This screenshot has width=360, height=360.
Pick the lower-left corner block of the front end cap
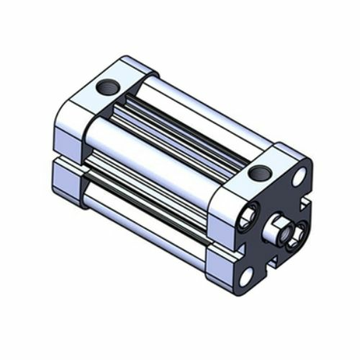point(220,270)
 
